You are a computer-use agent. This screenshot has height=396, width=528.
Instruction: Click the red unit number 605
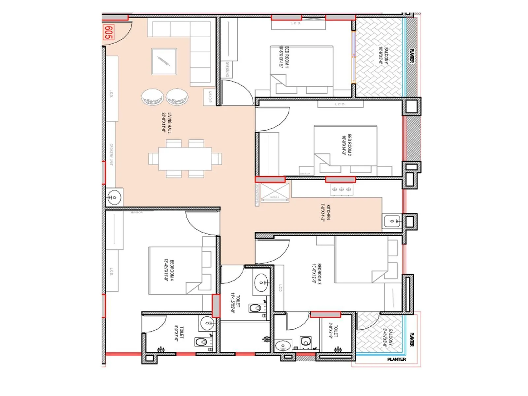[x=108, y=32]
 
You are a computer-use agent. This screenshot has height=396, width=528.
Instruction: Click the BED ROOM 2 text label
[x=347, y=145]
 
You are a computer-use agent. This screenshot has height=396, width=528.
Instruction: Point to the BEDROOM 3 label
[x=316, y=274]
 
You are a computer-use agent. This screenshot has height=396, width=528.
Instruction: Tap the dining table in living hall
[x=185, y=158]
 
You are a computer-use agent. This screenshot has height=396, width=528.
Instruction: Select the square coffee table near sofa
[x=164, y=61]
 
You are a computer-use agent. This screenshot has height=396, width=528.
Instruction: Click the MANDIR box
[x=210, y=97]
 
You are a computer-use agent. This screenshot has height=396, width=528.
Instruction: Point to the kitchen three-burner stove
[x=342, y=189]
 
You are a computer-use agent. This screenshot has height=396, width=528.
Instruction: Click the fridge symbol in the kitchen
[x=275, y=192]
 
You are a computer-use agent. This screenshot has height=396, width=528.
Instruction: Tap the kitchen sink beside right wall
[x=392, y=221]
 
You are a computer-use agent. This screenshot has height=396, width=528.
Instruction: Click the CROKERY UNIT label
[x=111, y=154]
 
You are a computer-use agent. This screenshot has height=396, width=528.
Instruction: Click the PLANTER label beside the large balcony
[x=412, y=55]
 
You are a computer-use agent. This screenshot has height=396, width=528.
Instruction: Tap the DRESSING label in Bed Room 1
[x=227, y=69]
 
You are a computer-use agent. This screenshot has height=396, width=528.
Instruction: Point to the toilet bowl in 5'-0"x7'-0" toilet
[x=201, y=342]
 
